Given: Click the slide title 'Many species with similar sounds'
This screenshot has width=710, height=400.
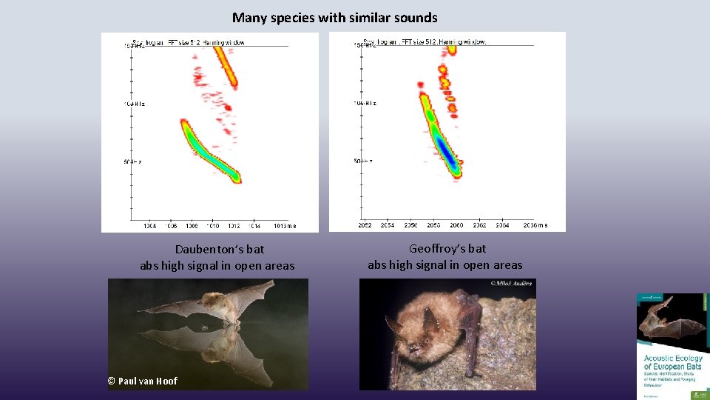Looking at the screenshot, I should click(x=334, y=17).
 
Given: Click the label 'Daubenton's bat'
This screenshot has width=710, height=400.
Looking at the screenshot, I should click(x=219, y=250).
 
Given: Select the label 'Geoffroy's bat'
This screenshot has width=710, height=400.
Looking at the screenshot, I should click(x=447, y=249).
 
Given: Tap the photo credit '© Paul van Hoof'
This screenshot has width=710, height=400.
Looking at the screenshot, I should click(x=143, y=381).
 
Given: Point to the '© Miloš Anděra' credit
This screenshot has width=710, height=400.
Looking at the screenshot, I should click(x=512, y=284).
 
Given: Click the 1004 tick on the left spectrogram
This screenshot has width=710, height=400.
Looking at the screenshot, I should click(x=149, y=225).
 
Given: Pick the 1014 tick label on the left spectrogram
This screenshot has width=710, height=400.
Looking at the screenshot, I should click(x=254, y=225).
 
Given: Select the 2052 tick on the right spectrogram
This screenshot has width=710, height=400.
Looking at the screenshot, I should click(x=365, y=225).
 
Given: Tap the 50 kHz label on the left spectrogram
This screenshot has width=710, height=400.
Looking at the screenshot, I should click(x=134, y=161).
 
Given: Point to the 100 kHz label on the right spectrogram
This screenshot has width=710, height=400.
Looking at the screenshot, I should click(x=365, y=103).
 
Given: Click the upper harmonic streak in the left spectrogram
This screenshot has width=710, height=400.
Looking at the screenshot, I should click(x=227, y=67).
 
